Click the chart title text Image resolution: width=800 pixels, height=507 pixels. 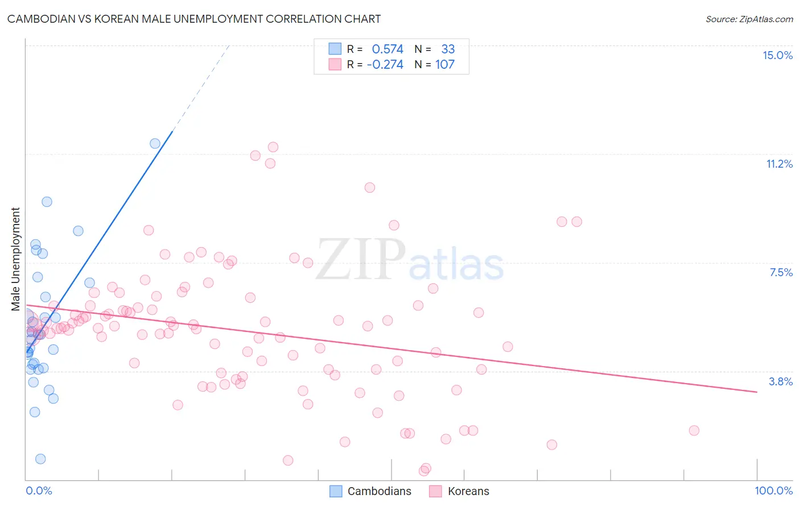pos(194,19)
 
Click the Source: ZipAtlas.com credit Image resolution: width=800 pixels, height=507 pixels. pos(749,19)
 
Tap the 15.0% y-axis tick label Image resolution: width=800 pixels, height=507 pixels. pos(777,55)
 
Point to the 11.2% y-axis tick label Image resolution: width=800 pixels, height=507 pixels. pos(779,164)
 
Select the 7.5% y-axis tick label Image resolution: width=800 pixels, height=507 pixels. pos(781,272)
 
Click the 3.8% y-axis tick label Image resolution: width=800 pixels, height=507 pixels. pos(781,381)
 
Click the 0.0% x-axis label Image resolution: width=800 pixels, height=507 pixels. pos(39,491)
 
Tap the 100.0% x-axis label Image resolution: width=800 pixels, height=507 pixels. pos(773,491)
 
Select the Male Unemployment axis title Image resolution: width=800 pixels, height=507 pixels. pos(15,259)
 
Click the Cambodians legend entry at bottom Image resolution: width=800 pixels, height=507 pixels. pos(370,491)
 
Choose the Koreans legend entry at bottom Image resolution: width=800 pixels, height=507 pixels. pos(459,491)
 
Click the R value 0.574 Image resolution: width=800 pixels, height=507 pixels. pos(387,49)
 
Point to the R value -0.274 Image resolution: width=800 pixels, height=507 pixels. pos(385,65)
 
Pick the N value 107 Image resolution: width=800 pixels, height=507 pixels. pos(445,65)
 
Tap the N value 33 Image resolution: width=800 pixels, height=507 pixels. pos(448,49)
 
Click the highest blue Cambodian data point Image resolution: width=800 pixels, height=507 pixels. pos(155,143)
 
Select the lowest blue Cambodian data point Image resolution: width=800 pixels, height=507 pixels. pos(40,459)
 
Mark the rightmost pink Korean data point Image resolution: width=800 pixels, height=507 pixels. pos(694,430)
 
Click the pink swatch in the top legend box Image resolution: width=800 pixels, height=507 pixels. pos(335,65)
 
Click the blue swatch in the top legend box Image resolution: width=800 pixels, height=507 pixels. pos(335,49)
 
